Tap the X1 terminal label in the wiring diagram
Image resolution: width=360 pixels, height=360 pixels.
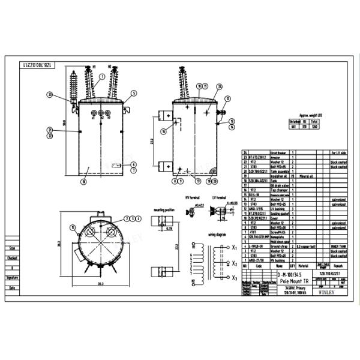coord(234,247)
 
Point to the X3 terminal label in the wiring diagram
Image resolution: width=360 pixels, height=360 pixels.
coord(234,278)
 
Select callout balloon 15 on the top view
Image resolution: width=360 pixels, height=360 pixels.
coord(73,227)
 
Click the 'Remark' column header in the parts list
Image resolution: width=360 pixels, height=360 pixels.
coord(339,265)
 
